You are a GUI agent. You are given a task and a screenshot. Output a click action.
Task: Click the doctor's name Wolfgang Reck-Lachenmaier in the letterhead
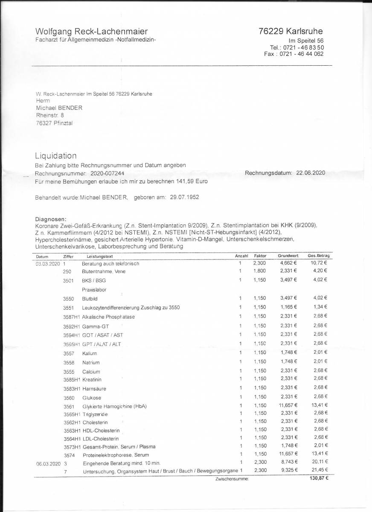(x=92, y=31)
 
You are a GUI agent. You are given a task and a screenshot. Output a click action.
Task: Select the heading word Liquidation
(x=56, y=156)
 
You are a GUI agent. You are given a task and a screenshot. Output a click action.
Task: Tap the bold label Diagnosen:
(x=51, y=219)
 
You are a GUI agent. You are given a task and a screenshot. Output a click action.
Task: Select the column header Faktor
(x=260, y=256)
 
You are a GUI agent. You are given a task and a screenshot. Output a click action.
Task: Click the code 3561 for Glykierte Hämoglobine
(x=69, y=406)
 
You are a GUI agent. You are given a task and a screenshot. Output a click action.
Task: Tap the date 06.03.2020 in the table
(x=47, y=463)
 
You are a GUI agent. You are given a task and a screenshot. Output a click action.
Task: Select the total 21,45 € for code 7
(x=319, y=470)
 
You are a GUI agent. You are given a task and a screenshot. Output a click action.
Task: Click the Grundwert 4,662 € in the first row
(x=288, y=263)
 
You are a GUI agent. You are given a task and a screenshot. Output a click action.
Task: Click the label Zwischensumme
(x=232, y=479)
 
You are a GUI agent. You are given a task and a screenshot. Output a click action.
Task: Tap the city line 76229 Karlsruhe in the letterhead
(x=291, y=31)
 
